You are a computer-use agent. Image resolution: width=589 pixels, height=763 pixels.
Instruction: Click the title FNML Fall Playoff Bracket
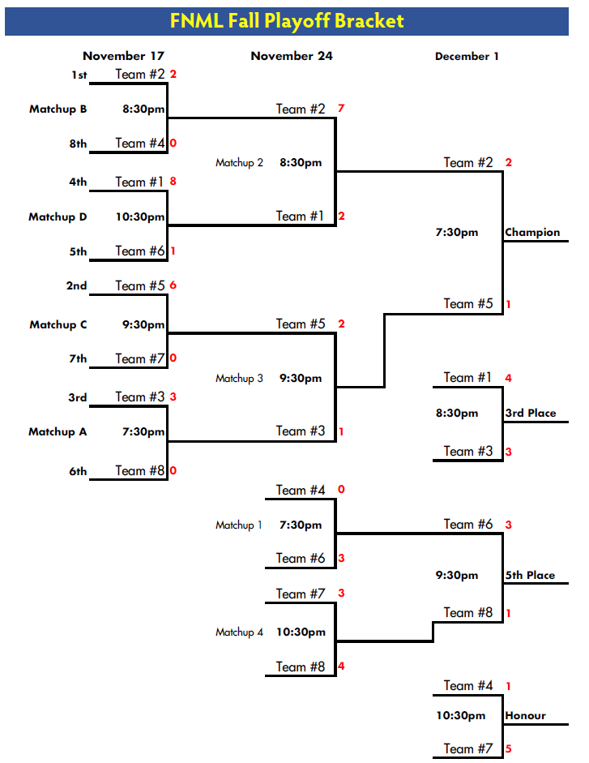click(x=287, y=21)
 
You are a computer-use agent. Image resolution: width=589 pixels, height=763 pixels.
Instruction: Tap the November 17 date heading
click(x=123, y=56)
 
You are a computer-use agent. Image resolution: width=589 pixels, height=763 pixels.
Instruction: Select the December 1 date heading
click(x=467, y=57)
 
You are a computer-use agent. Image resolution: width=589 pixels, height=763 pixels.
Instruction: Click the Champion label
click(x=532, y=233)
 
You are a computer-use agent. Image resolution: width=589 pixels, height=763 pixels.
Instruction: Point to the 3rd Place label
click(x=531, y=414)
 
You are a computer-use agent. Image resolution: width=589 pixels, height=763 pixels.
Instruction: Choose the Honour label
click(x=525, y=716)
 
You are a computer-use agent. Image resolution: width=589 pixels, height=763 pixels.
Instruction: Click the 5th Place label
click(x=530, y=576)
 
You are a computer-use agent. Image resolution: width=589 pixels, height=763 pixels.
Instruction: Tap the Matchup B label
click(x=58, y=109)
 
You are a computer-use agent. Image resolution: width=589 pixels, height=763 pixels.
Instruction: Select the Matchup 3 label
click(x=239, y=379)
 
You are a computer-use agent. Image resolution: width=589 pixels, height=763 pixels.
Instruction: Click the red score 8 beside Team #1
click(x=173, y=182)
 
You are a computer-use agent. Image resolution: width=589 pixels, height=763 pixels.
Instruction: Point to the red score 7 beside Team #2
click(x=341, y=108)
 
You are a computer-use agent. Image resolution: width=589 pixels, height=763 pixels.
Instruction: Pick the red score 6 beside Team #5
click(x=173, y=285)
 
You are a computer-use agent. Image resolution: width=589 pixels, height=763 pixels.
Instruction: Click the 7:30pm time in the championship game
click(x=457, y=233)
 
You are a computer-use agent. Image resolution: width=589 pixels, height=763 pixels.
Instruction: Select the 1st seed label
click(x=78, y=75)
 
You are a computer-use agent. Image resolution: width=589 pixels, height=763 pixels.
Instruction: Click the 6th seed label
click(x=78, y=471)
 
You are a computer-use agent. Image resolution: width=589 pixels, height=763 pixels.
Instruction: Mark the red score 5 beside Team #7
click(x=508, y=749)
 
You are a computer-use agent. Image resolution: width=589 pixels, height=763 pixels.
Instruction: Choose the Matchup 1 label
click(x=239, y=525)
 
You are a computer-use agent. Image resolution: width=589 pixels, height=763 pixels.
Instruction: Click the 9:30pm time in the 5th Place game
click(x=457, y=576)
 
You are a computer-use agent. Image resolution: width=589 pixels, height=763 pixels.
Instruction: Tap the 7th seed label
click(x=78, y=359)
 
